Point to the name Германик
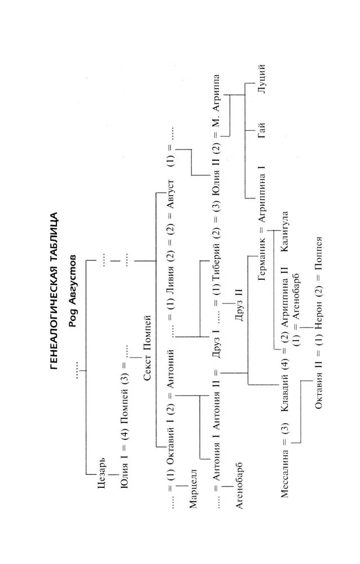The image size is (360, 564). tap(262, 276)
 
